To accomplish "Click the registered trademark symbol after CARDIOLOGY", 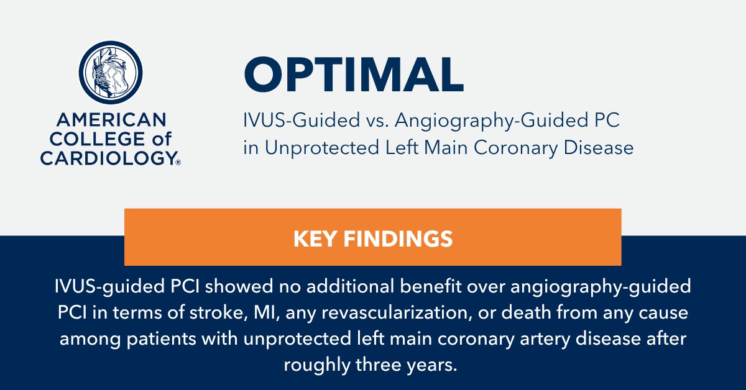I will pyautogui.click(x=178, y=163).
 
